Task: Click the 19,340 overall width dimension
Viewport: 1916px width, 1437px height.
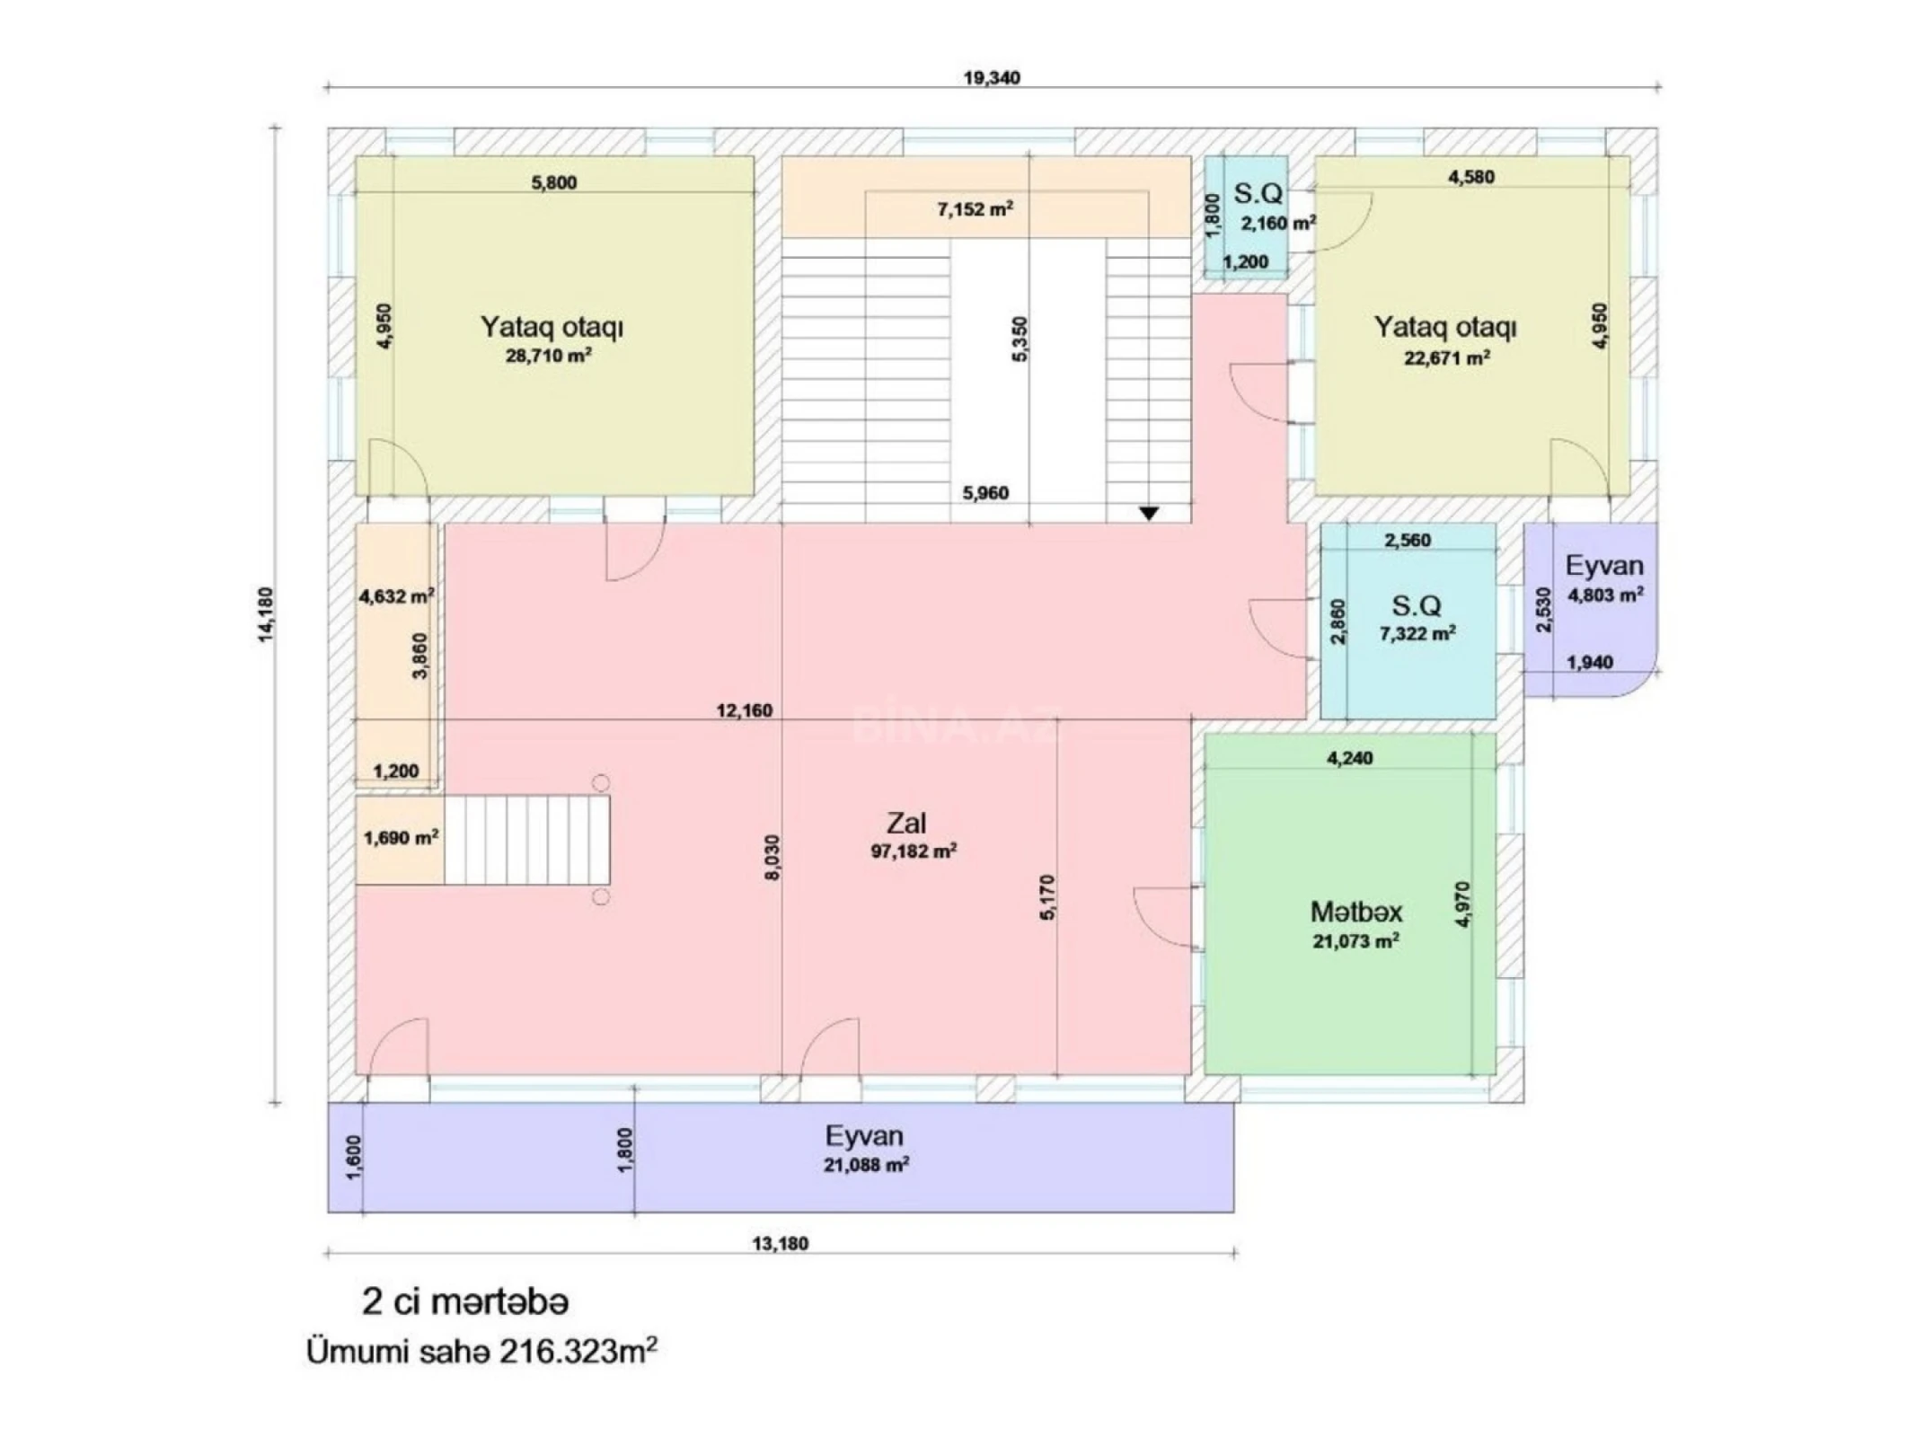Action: click(x=992, y=77)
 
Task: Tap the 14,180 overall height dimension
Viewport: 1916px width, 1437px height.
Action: click(x=267, y=614)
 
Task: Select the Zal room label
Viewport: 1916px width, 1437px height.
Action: click(x=906, y=823)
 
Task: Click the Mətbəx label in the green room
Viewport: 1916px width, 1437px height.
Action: click(x=1355, y=912)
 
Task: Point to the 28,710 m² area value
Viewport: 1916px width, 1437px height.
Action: click(x=548, y=356)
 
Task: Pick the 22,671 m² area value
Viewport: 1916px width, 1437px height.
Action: click(x=1447, y=358)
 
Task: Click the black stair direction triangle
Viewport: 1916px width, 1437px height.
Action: click(x=1149, y=514)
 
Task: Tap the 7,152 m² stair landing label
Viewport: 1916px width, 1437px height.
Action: click(x=976, y=209)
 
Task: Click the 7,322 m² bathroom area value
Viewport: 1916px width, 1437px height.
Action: click(x=1417, y=633)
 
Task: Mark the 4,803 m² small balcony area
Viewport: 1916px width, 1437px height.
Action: click(x=1605, y=594)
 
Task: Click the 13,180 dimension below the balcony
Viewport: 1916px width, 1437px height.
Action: click(x=780, y=1244)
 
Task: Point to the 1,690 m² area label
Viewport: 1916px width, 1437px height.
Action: click(x=401, y=838)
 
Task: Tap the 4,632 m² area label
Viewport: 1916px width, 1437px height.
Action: click(x=396, y=595)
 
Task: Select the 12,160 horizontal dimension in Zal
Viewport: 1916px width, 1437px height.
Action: click(x=744, y=710)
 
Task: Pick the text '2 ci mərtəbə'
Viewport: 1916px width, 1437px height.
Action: click(x=464, y=1301)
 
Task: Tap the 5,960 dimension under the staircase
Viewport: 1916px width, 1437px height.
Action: click(x=985, y=492)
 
